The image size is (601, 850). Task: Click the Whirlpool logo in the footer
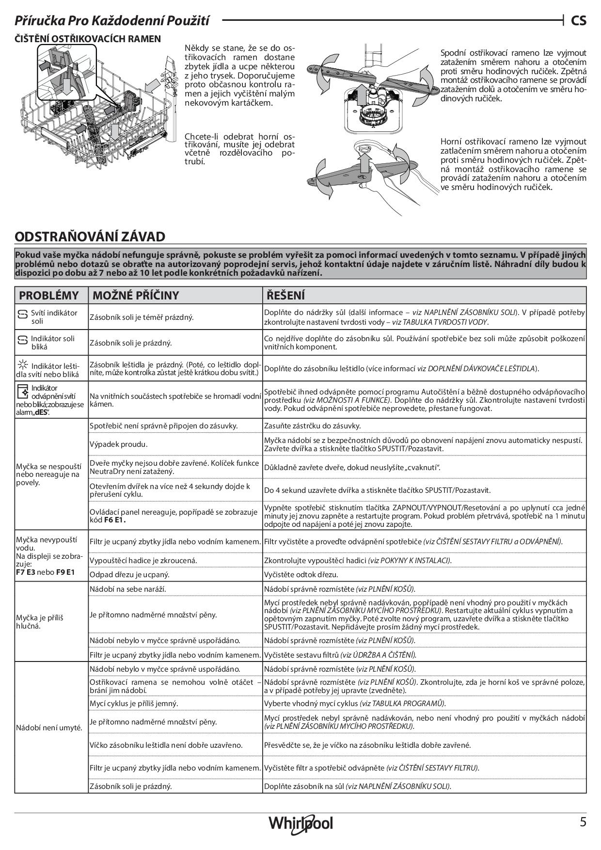300,823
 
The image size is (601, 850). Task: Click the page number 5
583,822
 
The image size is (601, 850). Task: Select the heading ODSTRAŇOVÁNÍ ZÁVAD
90,237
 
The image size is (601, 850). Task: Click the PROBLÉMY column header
48,296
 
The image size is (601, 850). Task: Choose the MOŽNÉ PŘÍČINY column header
136,296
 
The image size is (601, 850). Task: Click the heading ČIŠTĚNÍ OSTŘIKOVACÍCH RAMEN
88,39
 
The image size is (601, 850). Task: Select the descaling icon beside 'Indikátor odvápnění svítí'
22,390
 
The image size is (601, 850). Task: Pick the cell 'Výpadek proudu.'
119,444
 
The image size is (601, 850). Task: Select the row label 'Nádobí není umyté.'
49,728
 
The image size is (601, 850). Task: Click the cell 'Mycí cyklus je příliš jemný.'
134,703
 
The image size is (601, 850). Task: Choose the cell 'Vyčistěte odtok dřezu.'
301,575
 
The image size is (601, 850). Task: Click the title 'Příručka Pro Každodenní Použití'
112,20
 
